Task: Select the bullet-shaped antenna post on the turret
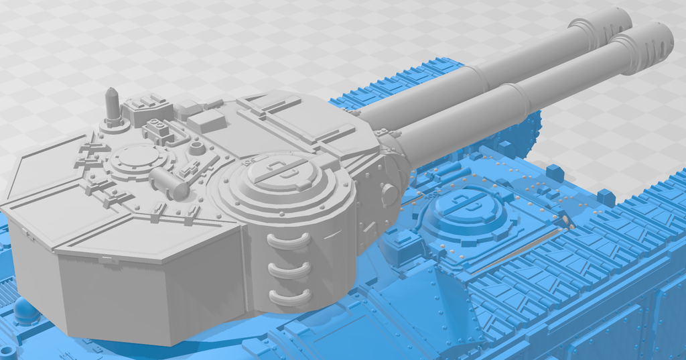click(x=113, y=104)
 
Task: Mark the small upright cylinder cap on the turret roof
click(x=196, y=147)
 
